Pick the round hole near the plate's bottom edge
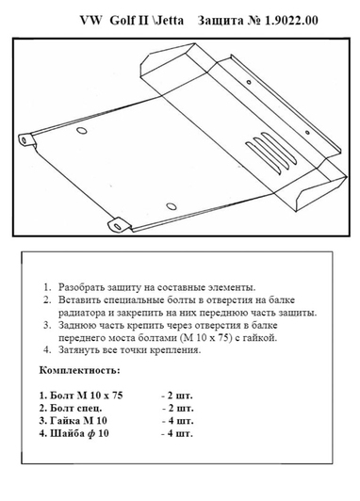click(170, 204)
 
